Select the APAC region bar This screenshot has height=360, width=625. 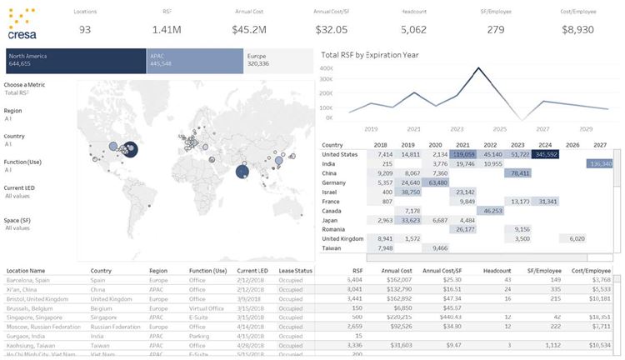click(193, 59)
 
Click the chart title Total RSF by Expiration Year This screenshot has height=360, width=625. click(370, 55)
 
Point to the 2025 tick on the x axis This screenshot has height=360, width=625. click(500, 129)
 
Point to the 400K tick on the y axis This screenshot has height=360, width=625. click(327, 68)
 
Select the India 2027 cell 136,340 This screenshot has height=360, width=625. click(599, 164)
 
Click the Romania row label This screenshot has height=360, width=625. click(336, 228)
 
